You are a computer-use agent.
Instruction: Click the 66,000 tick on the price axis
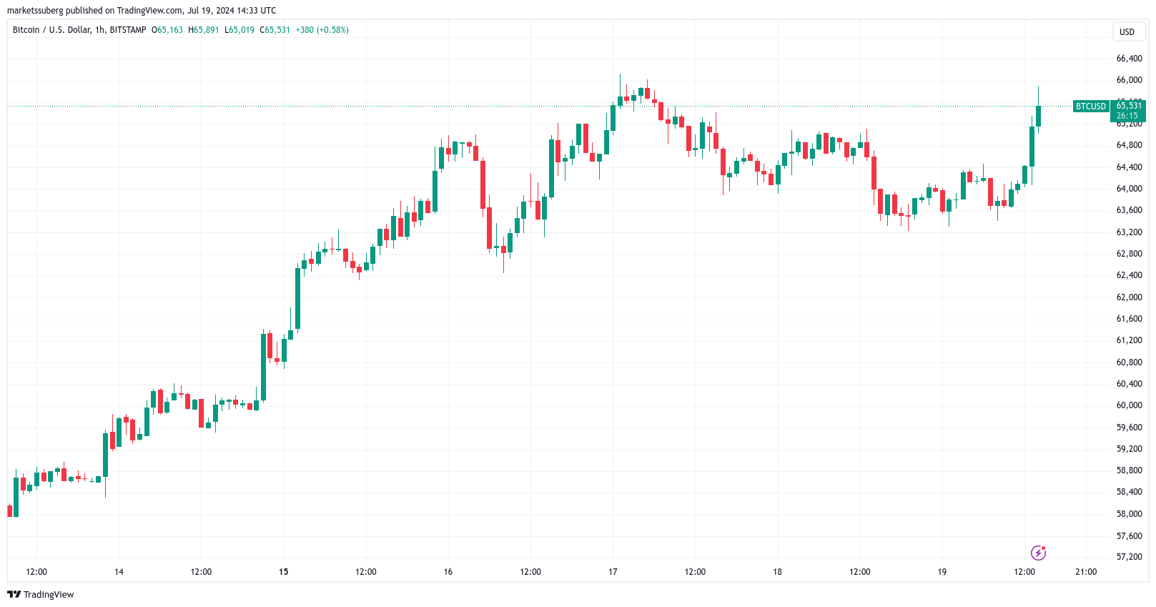(x=1129, y=80)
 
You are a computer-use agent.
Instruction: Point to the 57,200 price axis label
(x=1129, y=557)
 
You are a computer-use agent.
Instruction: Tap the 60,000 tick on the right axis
(x=1129, y=405)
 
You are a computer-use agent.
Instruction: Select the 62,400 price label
(x=1129, y=275)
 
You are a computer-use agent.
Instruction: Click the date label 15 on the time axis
(x=284, y=572)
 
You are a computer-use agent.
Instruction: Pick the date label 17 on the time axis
(x=613, y=572)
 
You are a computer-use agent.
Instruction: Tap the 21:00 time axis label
(x=1086, y=572)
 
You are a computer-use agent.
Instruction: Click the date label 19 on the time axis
(x=942, y=572)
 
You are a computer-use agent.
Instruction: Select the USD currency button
(x=1127, y=32)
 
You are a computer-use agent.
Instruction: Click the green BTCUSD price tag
(x=1091, y=107)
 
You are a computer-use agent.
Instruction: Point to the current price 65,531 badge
(x=1129, y=106)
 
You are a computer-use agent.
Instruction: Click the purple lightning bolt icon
(x=1038, y=553)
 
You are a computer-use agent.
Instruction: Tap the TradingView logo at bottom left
(x=41, y=595)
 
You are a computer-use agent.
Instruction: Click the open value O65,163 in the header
(x=167, y=30)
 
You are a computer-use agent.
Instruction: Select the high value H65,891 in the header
(x=204, y=30)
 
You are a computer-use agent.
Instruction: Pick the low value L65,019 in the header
(x=239, y=30)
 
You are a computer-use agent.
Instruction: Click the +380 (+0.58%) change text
(x=322, y=30)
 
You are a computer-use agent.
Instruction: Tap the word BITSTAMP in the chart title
(x=128, y=30)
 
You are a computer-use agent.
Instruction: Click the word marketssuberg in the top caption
(x=35, y=11)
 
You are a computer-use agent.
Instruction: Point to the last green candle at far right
(x=1038, y=116)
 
